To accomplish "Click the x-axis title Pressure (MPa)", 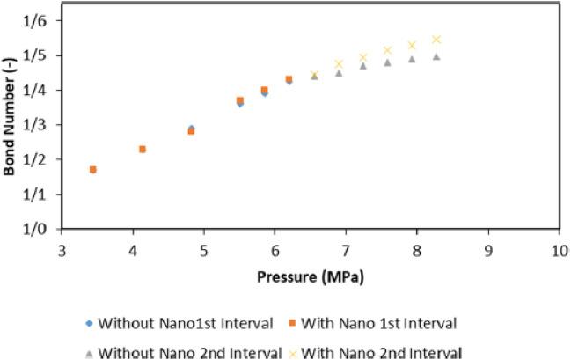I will tap(310, 276).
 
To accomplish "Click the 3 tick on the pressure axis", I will tap(62, 250).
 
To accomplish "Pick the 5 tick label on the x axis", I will tap(204, 250).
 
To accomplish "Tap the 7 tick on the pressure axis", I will tap(346, 250).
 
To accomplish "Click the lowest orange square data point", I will tap(92, 169).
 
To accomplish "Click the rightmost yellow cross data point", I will tap(436, 40).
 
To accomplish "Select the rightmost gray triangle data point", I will tap(436, 56).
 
